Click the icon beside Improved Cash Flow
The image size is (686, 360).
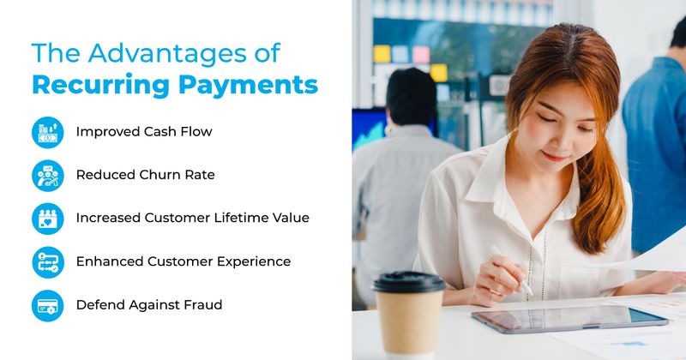tap(47, 132)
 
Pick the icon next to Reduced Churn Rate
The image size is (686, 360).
tap(47, 175)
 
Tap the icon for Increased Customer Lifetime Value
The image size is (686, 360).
tap(47, 218)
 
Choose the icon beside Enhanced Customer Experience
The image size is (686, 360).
tap(47, 261)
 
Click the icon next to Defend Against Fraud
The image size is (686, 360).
tap(47, 305)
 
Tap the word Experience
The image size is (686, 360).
tap(250, 261)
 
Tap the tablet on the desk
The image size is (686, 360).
tap(570, 320)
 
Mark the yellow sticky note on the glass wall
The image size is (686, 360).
tap(382, 54)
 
